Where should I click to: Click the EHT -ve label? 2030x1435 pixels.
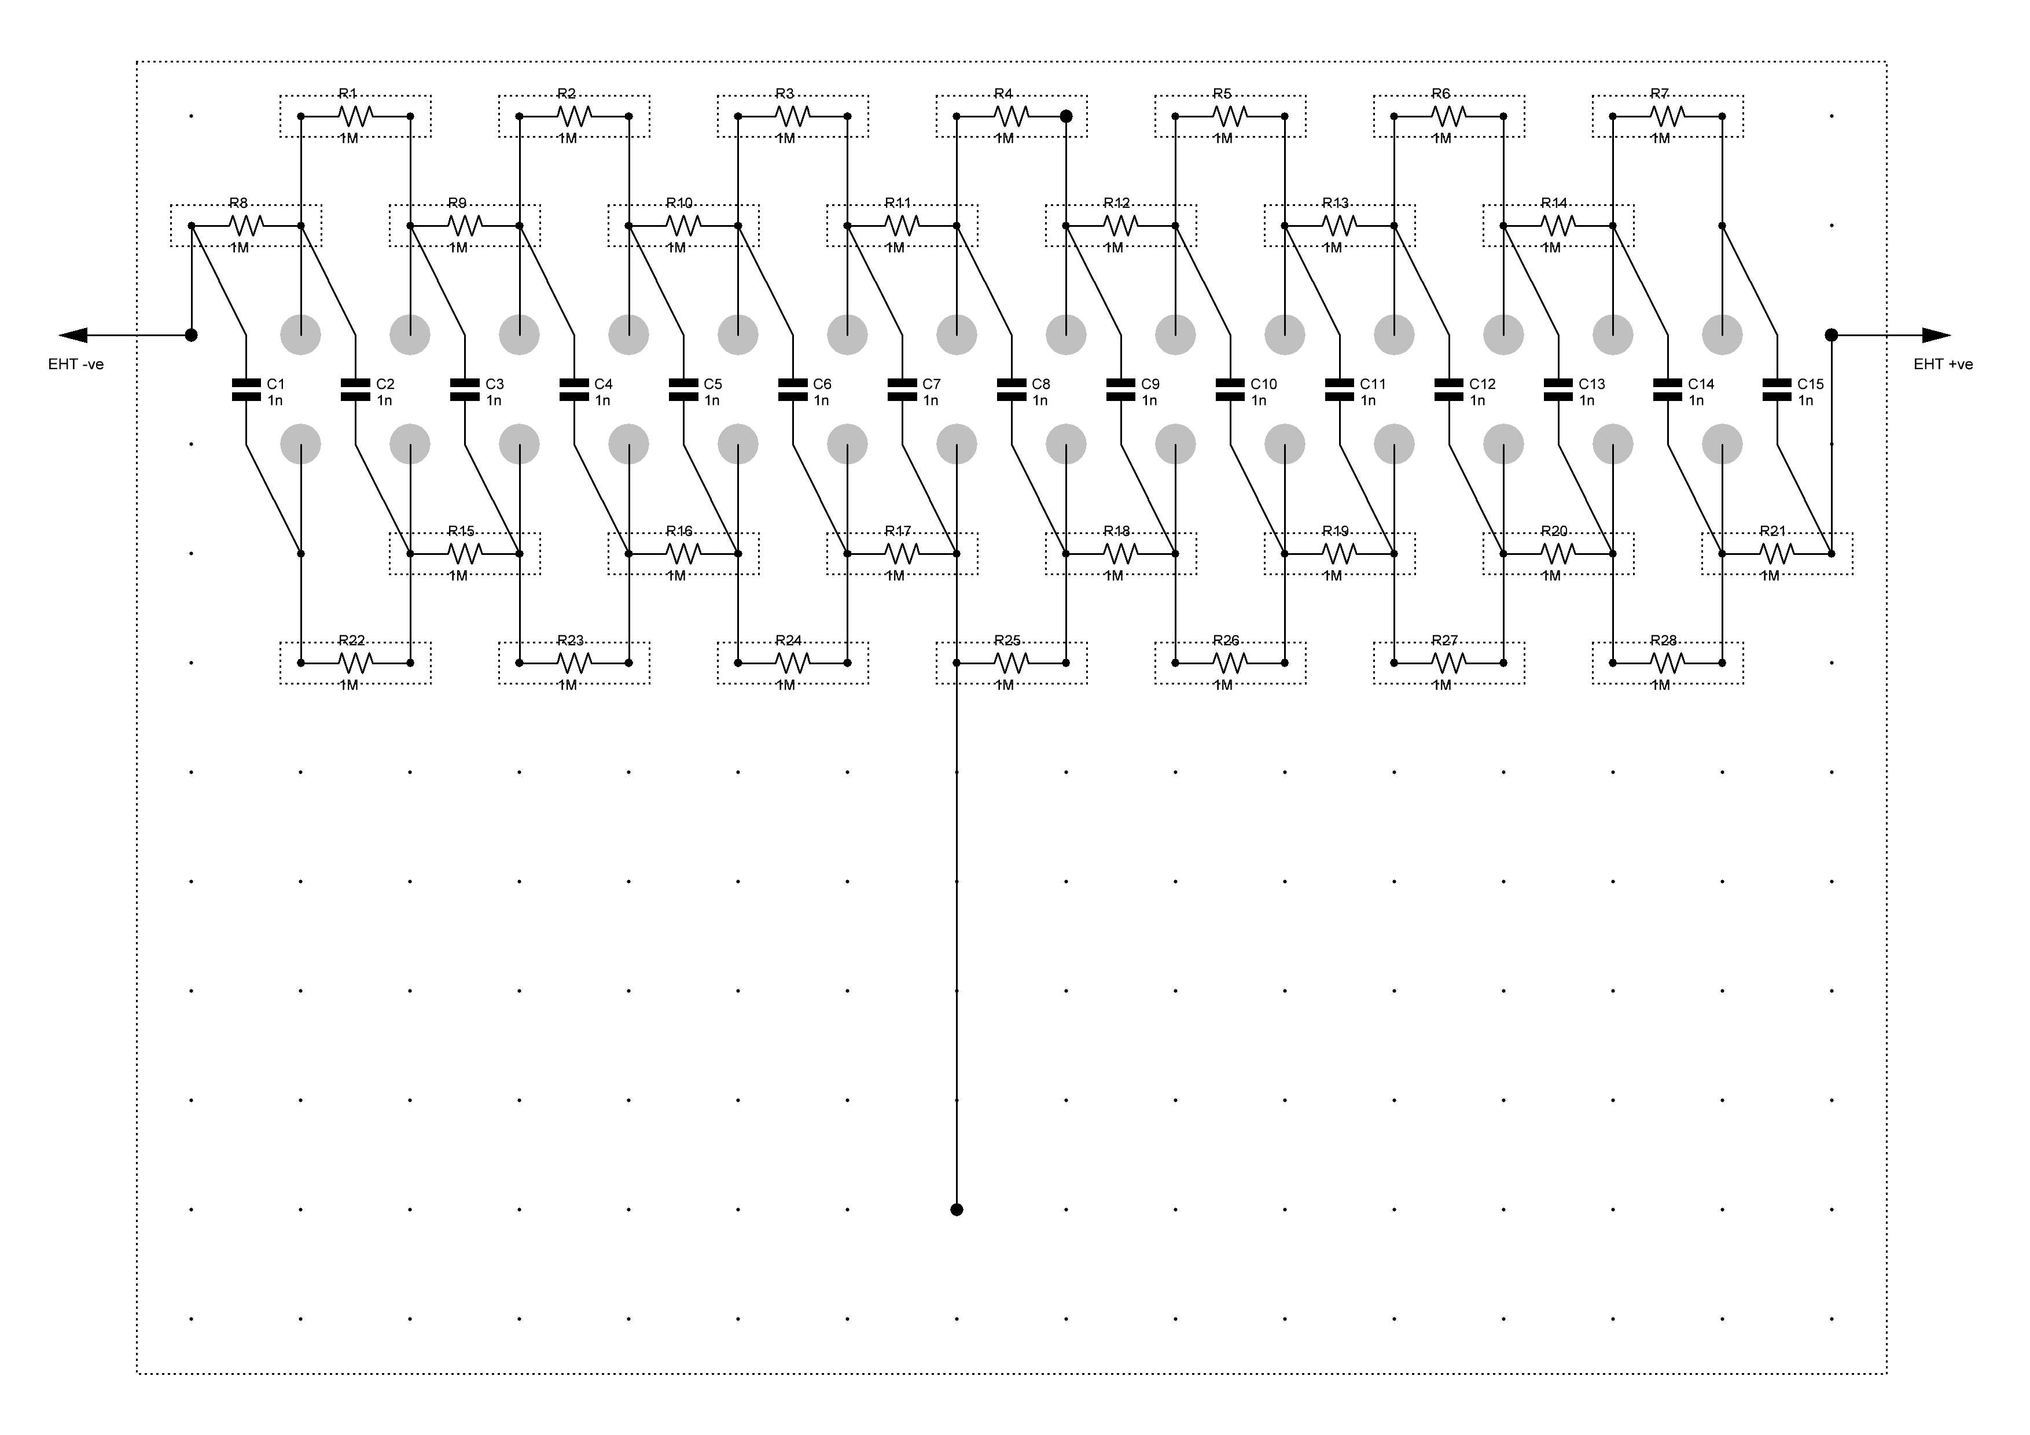tap(76, 365)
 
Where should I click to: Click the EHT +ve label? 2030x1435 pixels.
tap(1943, 365)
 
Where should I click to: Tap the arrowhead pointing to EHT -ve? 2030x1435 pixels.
tap(72, 335)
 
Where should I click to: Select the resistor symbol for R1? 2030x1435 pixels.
tap(355, 116)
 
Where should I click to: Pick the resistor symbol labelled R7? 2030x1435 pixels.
tap(1668, 116)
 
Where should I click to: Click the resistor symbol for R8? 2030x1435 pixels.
tap(246, 226)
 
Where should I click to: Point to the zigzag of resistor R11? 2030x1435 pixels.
tap(902, 226)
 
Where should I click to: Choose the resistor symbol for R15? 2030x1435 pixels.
tap(465, 554)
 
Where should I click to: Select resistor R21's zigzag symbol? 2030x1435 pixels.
tap(1777, 554)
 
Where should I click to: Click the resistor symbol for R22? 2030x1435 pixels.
tap(355, 662)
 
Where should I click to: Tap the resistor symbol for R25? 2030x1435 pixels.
tap(1012, 662)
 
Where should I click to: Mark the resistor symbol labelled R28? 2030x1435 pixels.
tap(1668, 662)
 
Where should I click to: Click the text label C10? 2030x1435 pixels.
tap(1263, 384)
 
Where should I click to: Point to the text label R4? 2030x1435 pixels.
tap(1003, 94)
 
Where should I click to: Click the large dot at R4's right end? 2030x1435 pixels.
tap(1067, 116)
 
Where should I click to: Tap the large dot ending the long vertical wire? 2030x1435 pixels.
tap(957, 1209)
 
